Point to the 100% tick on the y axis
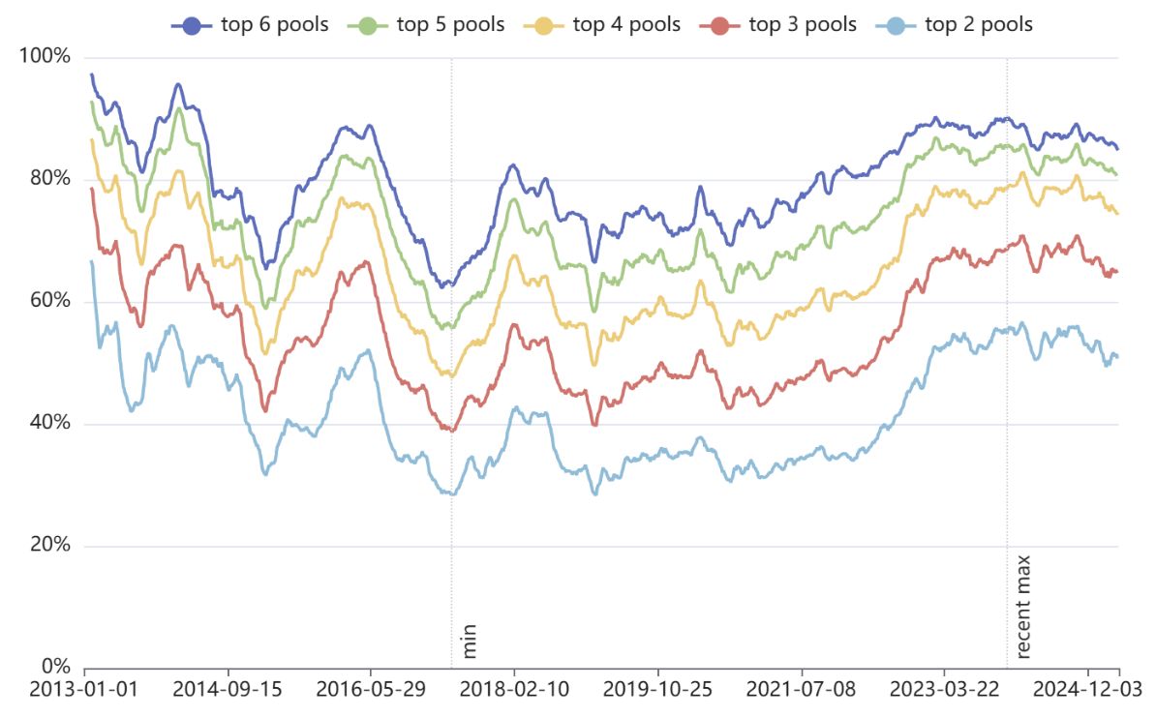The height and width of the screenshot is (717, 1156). (x=45, y=56)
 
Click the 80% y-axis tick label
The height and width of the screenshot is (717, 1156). (x=49, y=179)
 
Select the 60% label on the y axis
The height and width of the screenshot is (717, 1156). (x=49, y=301)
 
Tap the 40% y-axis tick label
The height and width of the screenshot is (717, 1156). (x=49, y=424)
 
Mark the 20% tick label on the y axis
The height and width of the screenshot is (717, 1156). (x=49, y=546)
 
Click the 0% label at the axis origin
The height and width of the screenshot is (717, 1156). (x=54, y=668)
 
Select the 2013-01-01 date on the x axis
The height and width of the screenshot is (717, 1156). (x=84, y=690)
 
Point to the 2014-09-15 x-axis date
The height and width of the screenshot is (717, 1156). (x=228, y=690)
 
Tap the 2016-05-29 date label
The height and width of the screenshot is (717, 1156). (x=371, y=690)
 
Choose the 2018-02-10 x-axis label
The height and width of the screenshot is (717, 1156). (x=514, y=690)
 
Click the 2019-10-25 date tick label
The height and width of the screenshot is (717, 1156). (x=657, y=690)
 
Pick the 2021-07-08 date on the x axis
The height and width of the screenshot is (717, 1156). (x=801, y=690)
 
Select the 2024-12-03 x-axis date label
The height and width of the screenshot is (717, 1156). (x=1087, y=690)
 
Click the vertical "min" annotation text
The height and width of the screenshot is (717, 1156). (x=470, y=641)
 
